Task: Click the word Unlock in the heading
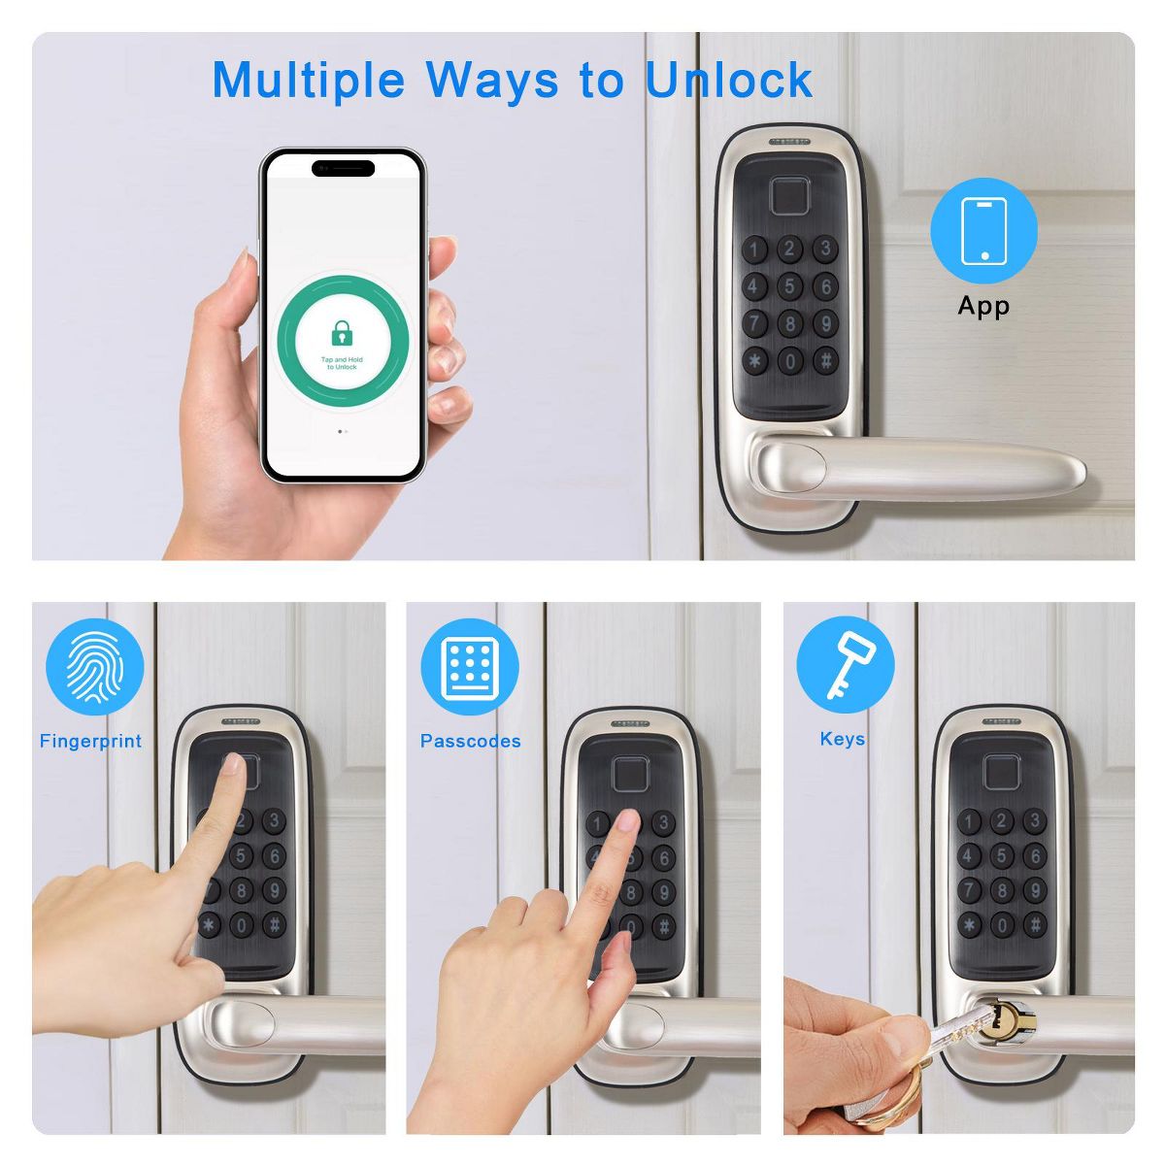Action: [729, 80]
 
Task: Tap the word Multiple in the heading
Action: [309, 80]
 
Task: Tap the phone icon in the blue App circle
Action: [983, 231]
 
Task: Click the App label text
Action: [983, 306]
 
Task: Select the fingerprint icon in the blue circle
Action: [95, 667]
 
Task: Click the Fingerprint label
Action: [90, 741]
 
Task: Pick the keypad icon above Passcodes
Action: [470, 667]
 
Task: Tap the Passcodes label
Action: [470, 741]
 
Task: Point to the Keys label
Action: [842, 739]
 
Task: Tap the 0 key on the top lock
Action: [789, 361]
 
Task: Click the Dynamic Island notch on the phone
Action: [343, 167]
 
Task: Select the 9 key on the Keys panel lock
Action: [1034, 890]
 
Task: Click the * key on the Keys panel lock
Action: [969, 925]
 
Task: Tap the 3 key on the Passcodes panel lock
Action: [663, 823]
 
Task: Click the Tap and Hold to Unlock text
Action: [342, 363]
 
